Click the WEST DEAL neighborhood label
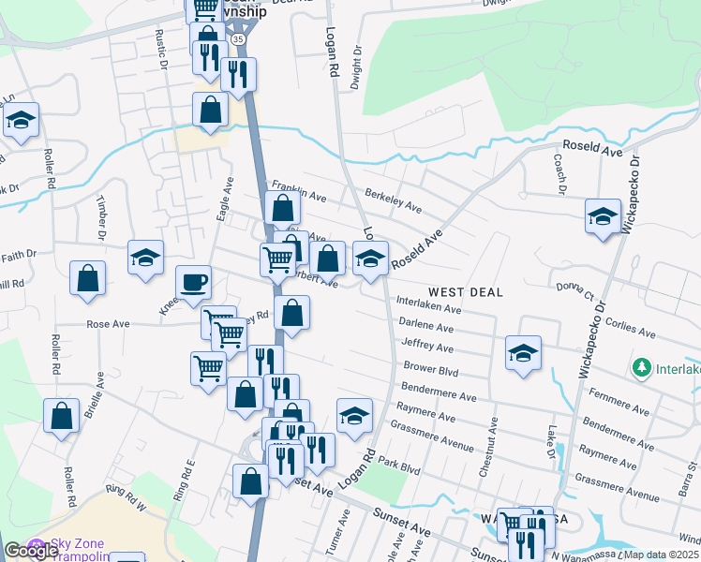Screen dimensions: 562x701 click(x=467, y=292)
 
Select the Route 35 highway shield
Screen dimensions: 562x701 click(x=239, y=40)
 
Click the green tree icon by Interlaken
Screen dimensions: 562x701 click(x=642, y=366)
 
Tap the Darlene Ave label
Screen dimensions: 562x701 click(x=426, y=326)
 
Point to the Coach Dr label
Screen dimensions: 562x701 click(x=560, y=177)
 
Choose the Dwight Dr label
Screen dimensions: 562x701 click(x=356, y=70)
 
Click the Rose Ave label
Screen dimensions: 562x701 click(x=108, y=324)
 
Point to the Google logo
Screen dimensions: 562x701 click(x=31, y=551)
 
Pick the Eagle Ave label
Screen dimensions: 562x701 click(x=224, y=200)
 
